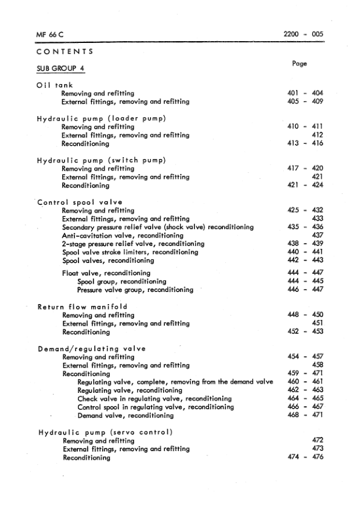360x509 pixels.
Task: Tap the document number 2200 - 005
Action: pyautogui.click(x=303, y=34)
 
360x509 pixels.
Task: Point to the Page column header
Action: pyautogui.click(x=299, y=63)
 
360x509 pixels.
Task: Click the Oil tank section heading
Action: pyautogui.click(x=55, y=85)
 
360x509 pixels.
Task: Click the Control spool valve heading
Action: pyautogui.click(x=80, y=202)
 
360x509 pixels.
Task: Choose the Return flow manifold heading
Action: pyautogui.click(x=82, y=307)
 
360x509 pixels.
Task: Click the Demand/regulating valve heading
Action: pyautogui.click(x=91, y=349)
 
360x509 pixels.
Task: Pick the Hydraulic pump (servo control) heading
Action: pyautogui.click(x=106, y=432)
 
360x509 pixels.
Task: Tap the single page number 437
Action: pyautogui.click(x=317, y=235)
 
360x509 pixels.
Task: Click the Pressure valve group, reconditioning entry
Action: pyautogui.click(x=135, y=290)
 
